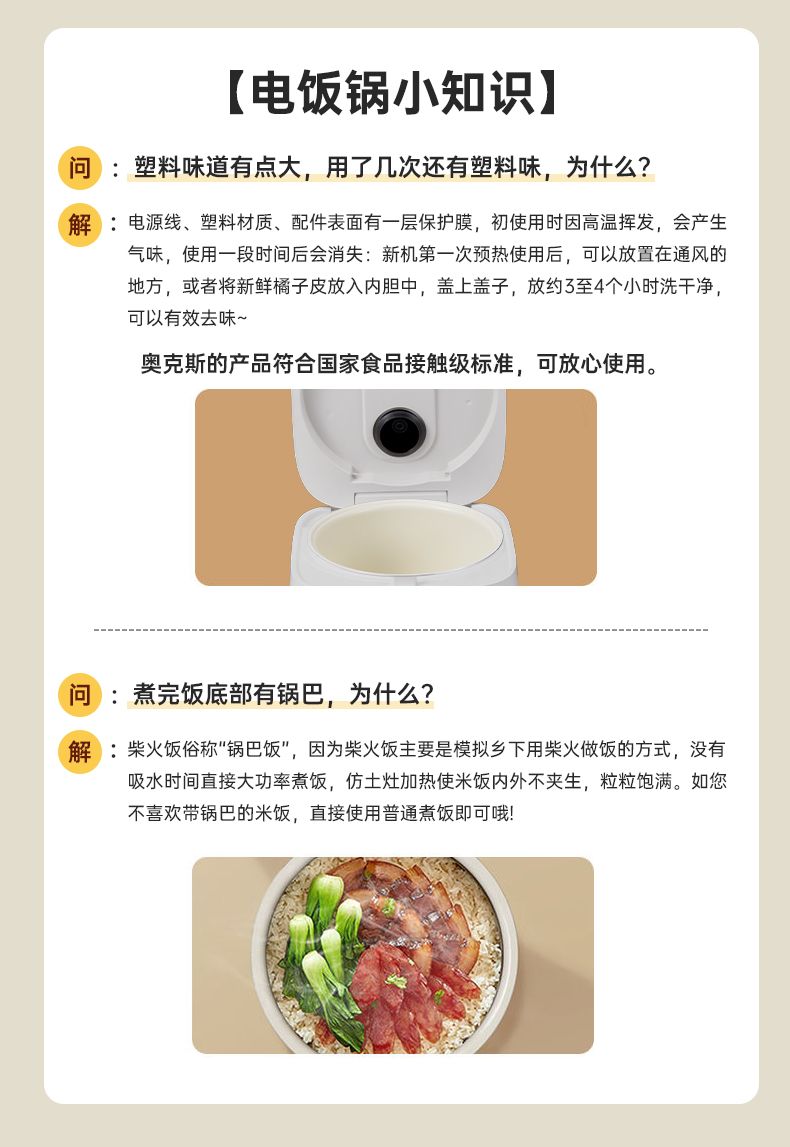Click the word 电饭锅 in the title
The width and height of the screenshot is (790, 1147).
coord(320,93)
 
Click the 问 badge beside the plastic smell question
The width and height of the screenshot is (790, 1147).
coord(80,168)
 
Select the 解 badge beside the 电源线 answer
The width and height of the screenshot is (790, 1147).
coord(80,225)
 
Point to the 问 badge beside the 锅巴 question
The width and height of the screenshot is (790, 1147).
coord(80,694)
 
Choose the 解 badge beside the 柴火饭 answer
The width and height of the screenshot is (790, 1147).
coord(80,751)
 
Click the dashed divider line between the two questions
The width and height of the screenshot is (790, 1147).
coord(401,629)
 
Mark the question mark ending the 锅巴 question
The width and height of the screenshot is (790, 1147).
coord(426,694)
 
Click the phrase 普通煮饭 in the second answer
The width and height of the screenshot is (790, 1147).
coord(418,813)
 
